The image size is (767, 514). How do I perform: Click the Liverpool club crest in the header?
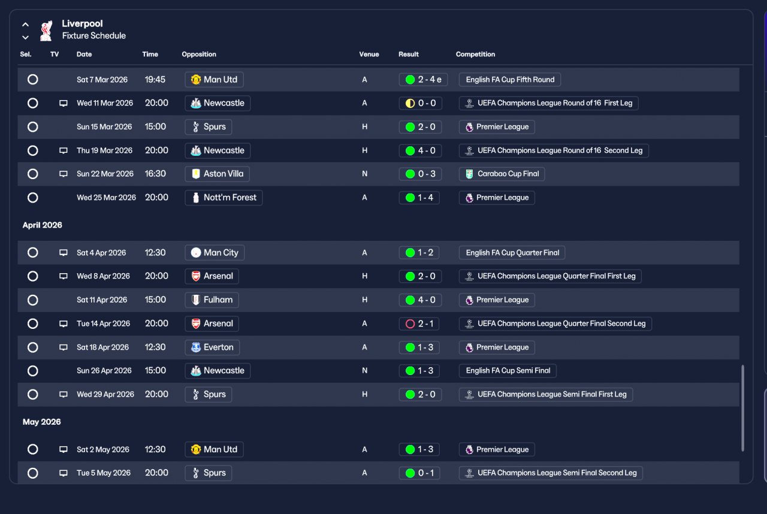46,31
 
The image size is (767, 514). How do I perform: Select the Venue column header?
369,54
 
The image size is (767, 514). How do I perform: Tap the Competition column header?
475,54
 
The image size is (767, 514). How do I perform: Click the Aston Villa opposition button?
217,174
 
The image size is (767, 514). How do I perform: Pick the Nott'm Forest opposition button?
224,198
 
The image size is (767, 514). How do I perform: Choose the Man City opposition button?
215,253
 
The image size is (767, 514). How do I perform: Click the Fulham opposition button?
212,300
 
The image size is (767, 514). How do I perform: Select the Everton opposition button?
212,347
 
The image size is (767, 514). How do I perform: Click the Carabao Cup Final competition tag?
502,174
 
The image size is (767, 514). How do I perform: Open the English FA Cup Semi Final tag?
508,371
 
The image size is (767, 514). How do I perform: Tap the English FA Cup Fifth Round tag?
509,80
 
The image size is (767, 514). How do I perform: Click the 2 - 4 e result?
423,80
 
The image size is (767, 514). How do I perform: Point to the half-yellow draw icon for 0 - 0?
410,103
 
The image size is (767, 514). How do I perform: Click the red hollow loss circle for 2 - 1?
410,323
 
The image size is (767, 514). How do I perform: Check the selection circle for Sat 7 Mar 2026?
33,80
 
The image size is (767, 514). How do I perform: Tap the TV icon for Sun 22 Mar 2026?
64,174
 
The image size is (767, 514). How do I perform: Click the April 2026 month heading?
43,225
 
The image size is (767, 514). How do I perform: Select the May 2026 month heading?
42,422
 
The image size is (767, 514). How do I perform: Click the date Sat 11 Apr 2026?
102,300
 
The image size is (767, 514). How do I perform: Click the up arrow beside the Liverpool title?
25,25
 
